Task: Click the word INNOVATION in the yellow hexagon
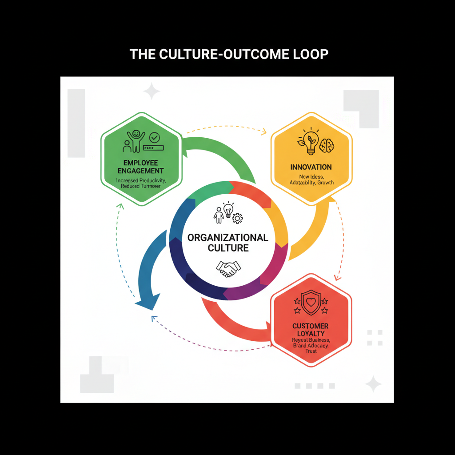pyautogui.click(x=311, y=167)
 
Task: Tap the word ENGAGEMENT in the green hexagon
pyautogui.click(x=140, y=171)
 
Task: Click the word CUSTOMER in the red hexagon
pyautogui.click(x=311, y=326)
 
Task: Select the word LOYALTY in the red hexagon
pyautogui.click(x=311, y=333)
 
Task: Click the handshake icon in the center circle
pyautogui.click(x=228, y=268)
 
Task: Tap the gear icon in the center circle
pyautogui.click(x=238, y=218)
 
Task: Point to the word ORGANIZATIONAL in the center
pyautogui.click(x=228, y=237)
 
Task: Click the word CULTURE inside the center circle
pyautogui.click(x=228, y=248)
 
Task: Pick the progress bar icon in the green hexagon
pyautogui.click(x=154, y=147)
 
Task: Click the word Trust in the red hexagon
pyautogui.click(x=311, y=351)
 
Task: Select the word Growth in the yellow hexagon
pyautogui.click(x=325, y=183)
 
